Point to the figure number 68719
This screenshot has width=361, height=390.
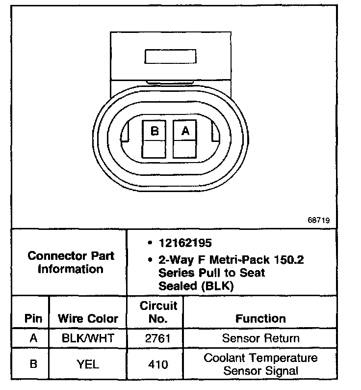[319, 220]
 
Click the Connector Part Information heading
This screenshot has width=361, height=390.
[71, 262]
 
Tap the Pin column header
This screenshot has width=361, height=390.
[33, 318]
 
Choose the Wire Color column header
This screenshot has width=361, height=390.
[88, 318]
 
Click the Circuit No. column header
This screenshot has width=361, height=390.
[158, 312]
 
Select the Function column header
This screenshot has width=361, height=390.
[260, 318]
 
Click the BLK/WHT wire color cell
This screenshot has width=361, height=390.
[88, 338]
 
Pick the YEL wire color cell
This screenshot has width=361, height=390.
[88, 364]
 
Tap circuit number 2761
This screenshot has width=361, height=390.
[158, 338]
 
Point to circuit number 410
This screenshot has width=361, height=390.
[158, 364]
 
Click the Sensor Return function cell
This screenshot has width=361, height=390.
[260, 338]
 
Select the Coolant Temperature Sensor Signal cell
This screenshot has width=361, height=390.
[260, 364]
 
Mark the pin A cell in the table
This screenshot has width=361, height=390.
[33, 338]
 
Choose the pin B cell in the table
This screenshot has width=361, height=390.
[33, 364]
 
